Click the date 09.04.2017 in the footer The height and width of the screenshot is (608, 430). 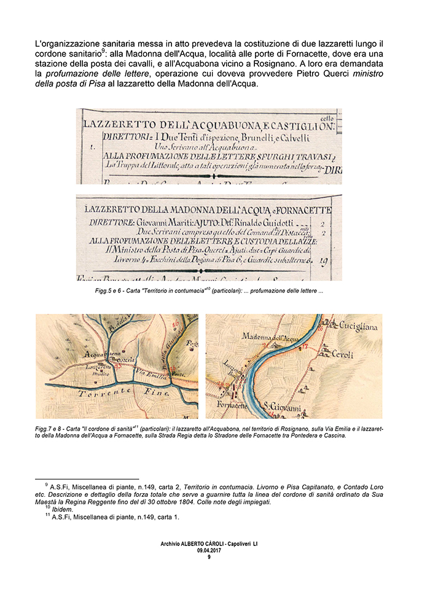pyautogui.click(x=209, y=550)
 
